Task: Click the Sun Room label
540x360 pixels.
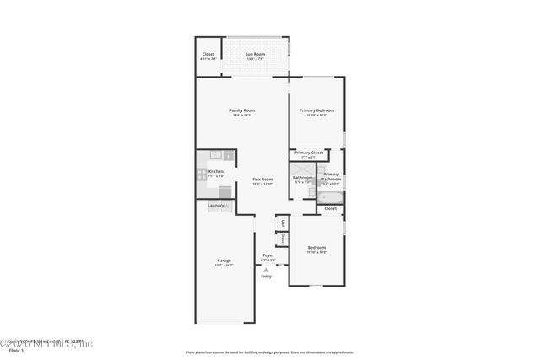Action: pos(255,55)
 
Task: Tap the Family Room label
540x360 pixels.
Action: pos(242,110)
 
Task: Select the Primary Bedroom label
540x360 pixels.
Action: pos(316,110)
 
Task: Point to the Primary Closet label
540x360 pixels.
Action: pos(309,153)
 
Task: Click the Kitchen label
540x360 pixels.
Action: pos(215,171)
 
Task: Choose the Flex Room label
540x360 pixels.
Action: pos(262,179)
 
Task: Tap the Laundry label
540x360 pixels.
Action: pos(215,205)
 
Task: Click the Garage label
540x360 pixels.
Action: pos(224,261)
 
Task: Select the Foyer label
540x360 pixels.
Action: pos(268,255)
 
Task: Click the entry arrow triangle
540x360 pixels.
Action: pos(267,270)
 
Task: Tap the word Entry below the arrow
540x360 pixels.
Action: pos(267,277)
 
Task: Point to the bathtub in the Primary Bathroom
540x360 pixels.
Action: pos(329,197)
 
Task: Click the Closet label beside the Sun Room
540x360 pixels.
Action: pos(208,55)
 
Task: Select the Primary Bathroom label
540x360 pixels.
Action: pos(332,176)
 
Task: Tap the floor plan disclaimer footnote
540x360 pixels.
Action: pos(269,352)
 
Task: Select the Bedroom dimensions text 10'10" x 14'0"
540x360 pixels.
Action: pos(316,252)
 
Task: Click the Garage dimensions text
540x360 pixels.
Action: pos(224,265)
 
